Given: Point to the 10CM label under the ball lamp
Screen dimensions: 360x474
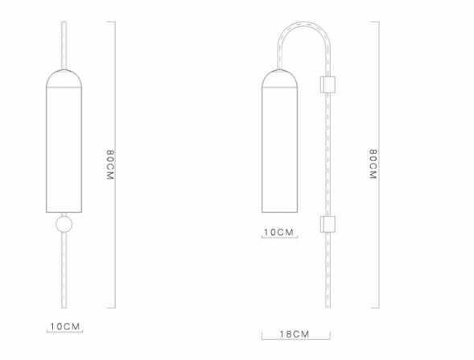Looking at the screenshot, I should (x=64, y=327).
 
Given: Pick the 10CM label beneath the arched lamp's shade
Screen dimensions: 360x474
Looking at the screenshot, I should (x=279, y=232).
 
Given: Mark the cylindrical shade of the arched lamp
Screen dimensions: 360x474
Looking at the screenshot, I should (x=278, y=149).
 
